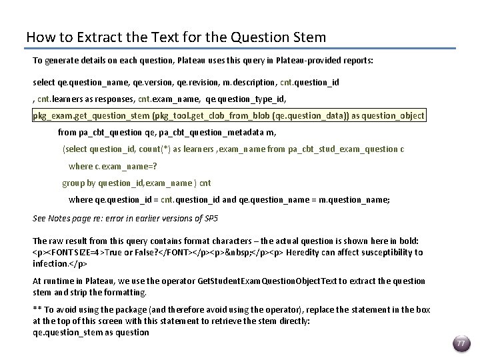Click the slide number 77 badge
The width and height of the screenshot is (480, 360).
pos(460,343)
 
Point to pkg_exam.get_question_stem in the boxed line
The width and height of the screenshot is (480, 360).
pos(91,115)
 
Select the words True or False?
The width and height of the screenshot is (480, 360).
pos(130,253)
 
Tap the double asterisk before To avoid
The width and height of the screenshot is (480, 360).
pos(37,310)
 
